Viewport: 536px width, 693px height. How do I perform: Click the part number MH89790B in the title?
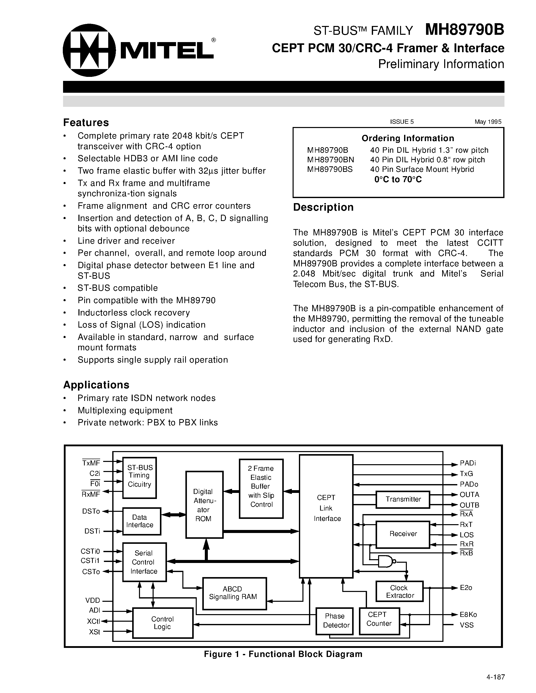[464, 30]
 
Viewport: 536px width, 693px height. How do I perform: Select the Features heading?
[86, 122]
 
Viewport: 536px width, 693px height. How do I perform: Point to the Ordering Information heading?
[408, 138]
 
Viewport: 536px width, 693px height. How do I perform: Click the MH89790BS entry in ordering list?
[330, 169]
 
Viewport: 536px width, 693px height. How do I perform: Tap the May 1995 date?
[488, 122]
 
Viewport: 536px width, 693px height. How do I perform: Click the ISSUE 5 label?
[402, 122]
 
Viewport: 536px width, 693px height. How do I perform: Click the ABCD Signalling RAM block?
[234, 593]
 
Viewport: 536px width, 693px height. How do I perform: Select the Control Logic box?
[163, 623]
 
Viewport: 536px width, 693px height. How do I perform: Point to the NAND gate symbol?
[386, 562]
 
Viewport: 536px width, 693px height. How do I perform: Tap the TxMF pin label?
[91, 463]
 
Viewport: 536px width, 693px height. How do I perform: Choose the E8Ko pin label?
[468, 615]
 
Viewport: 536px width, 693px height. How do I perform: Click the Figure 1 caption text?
[283, 654]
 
